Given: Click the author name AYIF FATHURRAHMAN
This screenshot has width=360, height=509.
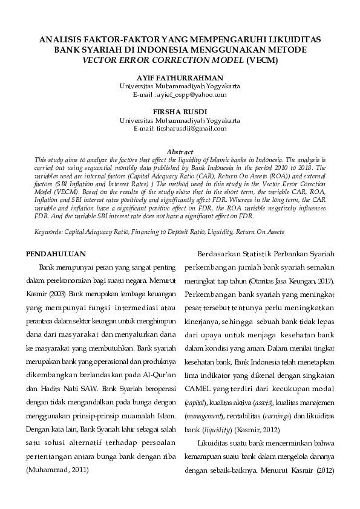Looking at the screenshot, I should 180,79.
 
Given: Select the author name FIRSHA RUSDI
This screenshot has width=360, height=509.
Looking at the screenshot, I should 180,112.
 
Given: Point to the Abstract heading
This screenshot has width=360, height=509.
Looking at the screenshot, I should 180,152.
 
